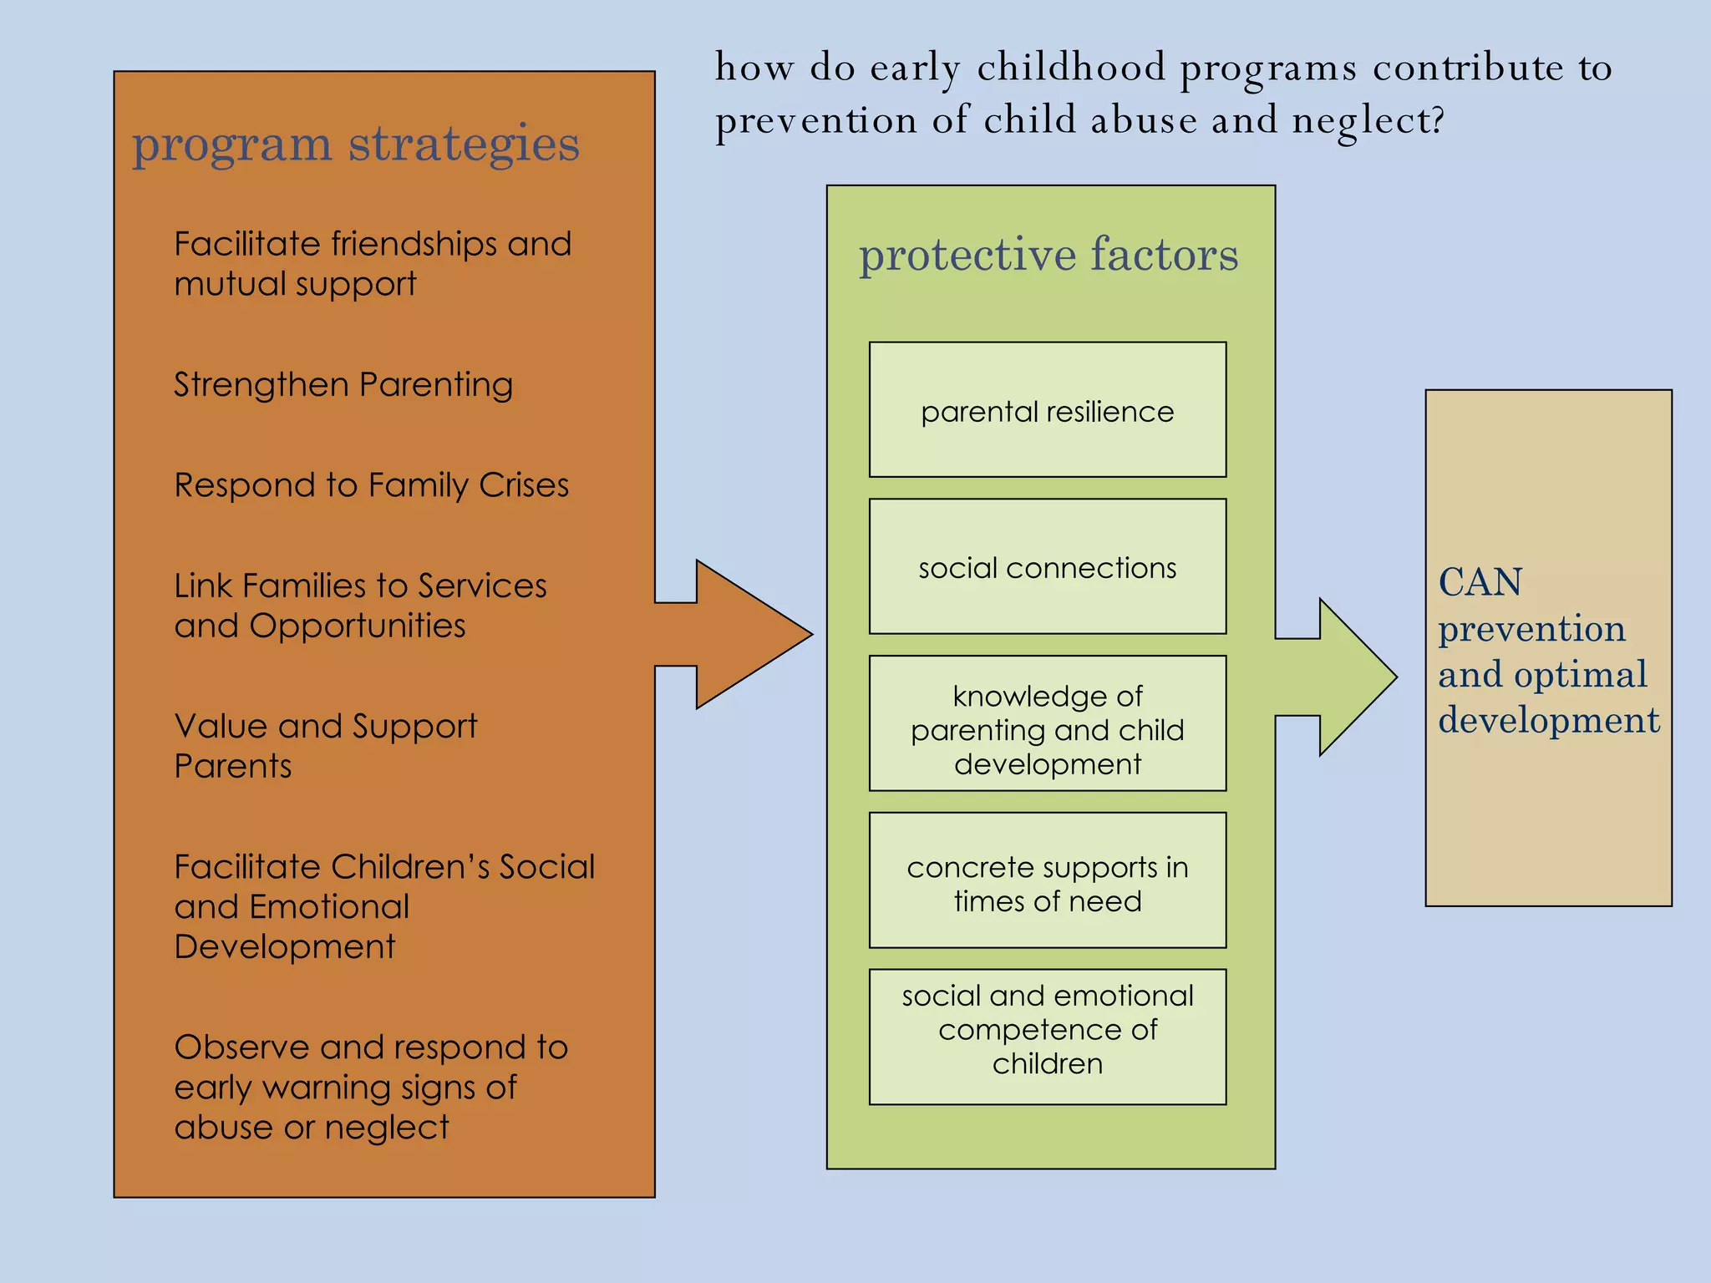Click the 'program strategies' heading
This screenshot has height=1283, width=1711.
[355, 144]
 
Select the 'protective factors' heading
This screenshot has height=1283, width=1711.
[1048, 255]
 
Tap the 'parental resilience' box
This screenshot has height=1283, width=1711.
[1047, 410]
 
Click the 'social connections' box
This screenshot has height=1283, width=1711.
[1047, 567]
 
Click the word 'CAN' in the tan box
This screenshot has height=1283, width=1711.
[1480, 582]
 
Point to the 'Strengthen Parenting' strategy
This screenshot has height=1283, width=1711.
[343, 385]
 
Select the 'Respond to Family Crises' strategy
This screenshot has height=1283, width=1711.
[371, 485]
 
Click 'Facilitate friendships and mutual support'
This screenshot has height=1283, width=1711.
[372, 264]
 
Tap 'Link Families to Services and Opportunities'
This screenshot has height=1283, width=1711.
[360, 606]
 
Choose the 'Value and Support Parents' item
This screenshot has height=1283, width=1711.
[325, 746]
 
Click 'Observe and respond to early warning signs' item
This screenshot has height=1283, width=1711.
[370, 1087]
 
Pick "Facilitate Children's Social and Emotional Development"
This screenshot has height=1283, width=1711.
[383, 906]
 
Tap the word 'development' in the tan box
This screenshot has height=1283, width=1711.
[1548, 720]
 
